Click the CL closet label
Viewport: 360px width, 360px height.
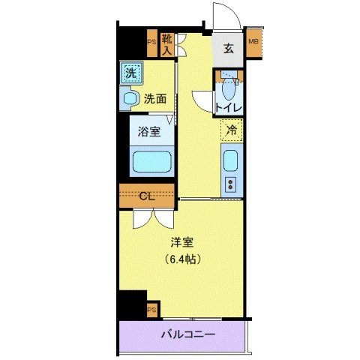pyautogui.click(x=148, y=196)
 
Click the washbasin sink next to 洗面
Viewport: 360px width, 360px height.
pyautogui.click(x=128, y=97)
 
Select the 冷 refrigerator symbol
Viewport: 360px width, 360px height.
pyautogui.click(x=232, y=130)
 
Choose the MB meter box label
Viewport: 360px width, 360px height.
pyautogui.click(x=253, y=42)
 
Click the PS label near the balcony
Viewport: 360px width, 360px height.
pyautogui.click(x=151, y=309)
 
